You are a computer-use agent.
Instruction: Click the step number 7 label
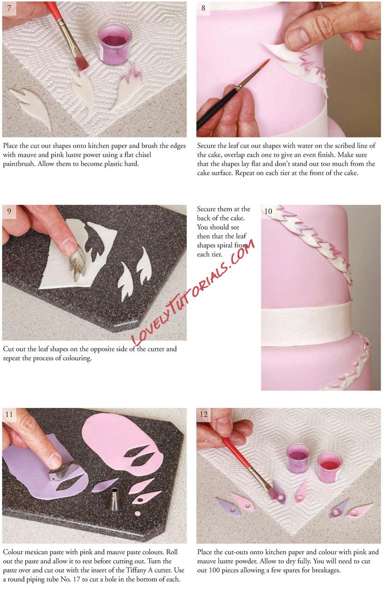[9, 8]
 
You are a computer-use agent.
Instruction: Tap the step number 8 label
[203, 8]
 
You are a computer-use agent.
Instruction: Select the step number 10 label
[268, 211]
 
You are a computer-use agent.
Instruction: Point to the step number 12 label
[204, 414]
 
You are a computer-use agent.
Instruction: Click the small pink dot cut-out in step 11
[138, 513]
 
